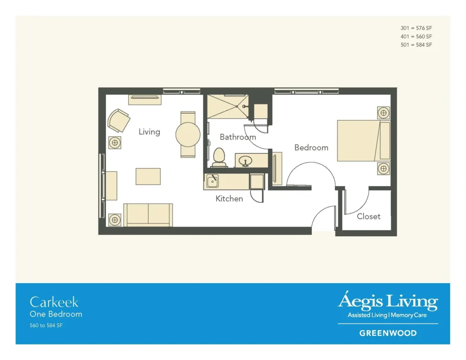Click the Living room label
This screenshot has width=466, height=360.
click(x=149, y=132)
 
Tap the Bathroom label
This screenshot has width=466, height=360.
click(x=238, y=137)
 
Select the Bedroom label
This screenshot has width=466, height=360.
click(x=311, y=147)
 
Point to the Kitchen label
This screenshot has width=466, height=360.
click(x=229, y=198)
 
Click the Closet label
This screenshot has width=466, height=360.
click(x=369, y=217)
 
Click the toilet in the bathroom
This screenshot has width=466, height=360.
click(x=219, y=157)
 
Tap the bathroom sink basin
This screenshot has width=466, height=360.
click(x=245, y=161)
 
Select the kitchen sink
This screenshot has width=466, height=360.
click(x=213, y=181)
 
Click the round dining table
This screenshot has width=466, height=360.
click(x=188, y=134)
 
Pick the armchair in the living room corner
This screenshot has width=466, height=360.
click(x=118, y=120)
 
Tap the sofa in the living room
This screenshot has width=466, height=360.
click(x=148, y=215)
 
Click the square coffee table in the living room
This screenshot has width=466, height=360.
click(x=148, y=176)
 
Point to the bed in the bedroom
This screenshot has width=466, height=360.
click(x=364, y=141)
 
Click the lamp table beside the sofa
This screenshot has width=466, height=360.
click(x=115, y=220)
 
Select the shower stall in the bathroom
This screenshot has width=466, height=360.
click(x=228, y=106)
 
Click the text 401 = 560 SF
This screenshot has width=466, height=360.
click(x=416, y=36)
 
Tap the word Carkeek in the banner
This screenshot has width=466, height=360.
click(x=54, y=302)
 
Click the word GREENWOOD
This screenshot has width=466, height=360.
click(x=388, y=333)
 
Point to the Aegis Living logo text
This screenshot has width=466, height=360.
click(x=388, y=301)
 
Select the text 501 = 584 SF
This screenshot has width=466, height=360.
click(x=416, y=45)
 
